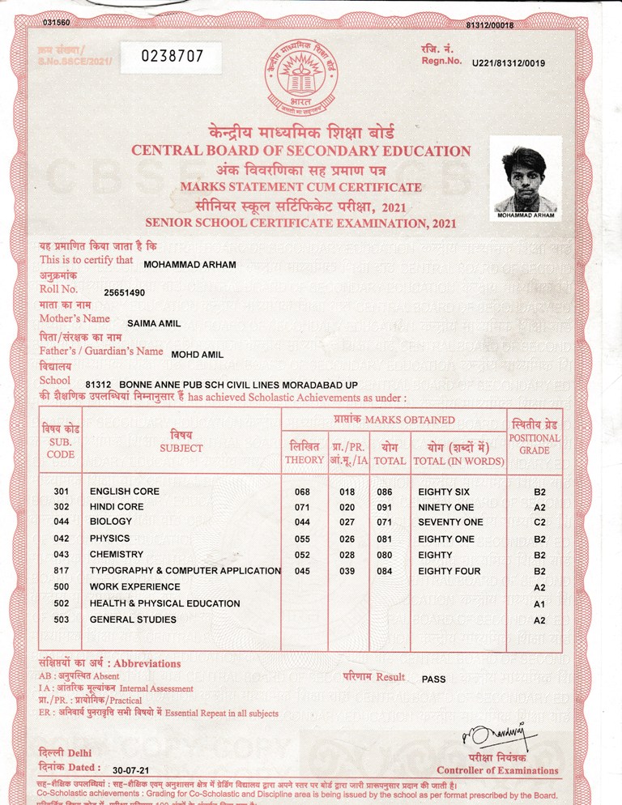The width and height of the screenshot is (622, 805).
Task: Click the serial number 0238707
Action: coord(173,57)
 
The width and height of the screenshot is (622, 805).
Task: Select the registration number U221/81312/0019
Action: coord(508,63)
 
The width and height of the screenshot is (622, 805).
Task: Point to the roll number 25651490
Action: coord(125,292)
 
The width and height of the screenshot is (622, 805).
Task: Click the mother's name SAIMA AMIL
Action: coord(154,324)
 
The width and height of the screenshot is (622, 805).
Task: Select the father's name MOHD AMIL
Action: coord(198,354)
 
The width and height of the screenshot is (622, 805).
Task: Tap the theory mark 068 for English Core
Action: coord(302,492)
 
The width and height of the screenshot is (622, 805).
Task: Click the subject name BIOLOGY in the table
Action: coord(111,522)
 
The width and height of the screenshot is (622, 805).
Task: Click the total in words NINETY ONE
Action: coord(446,508)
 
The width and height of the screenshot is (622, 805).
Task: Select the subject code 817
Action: coord(62,571)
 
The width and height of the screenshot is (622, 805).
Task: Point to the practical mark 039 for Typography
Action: coord(347,572)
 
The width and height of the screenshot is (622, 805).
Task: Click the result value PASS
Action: coord(434,679)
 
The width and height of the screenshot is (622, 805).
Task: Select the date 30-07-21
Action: coord(130,769)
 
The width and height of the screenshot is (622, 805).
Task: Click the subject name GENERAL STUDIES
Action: coord(133,620)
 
